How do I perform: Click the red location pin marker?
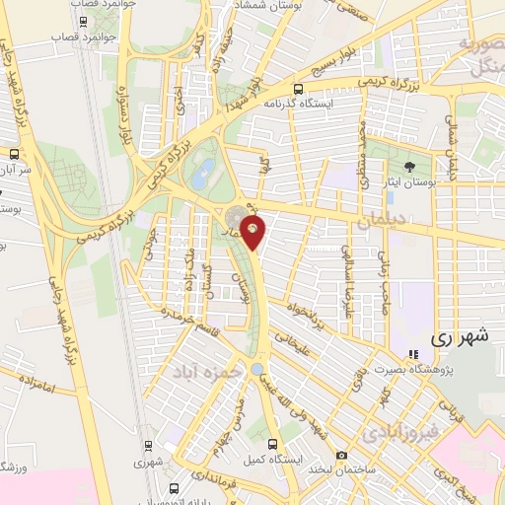(x=254, y=233)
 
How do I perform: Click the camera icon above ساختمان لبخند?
(x=341, y=455)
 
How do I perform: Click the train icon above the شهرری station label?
(x=147, y=445)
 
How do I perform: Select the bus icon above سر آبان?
(x=14, y=155)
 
